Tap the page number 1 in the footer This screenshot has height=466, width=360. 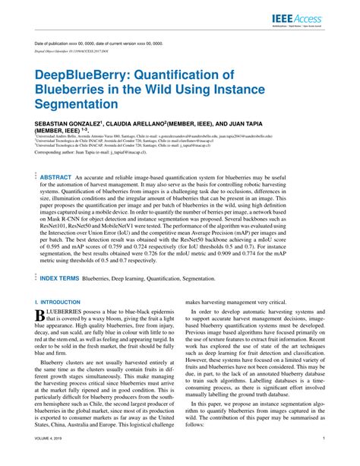(324, 439)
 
